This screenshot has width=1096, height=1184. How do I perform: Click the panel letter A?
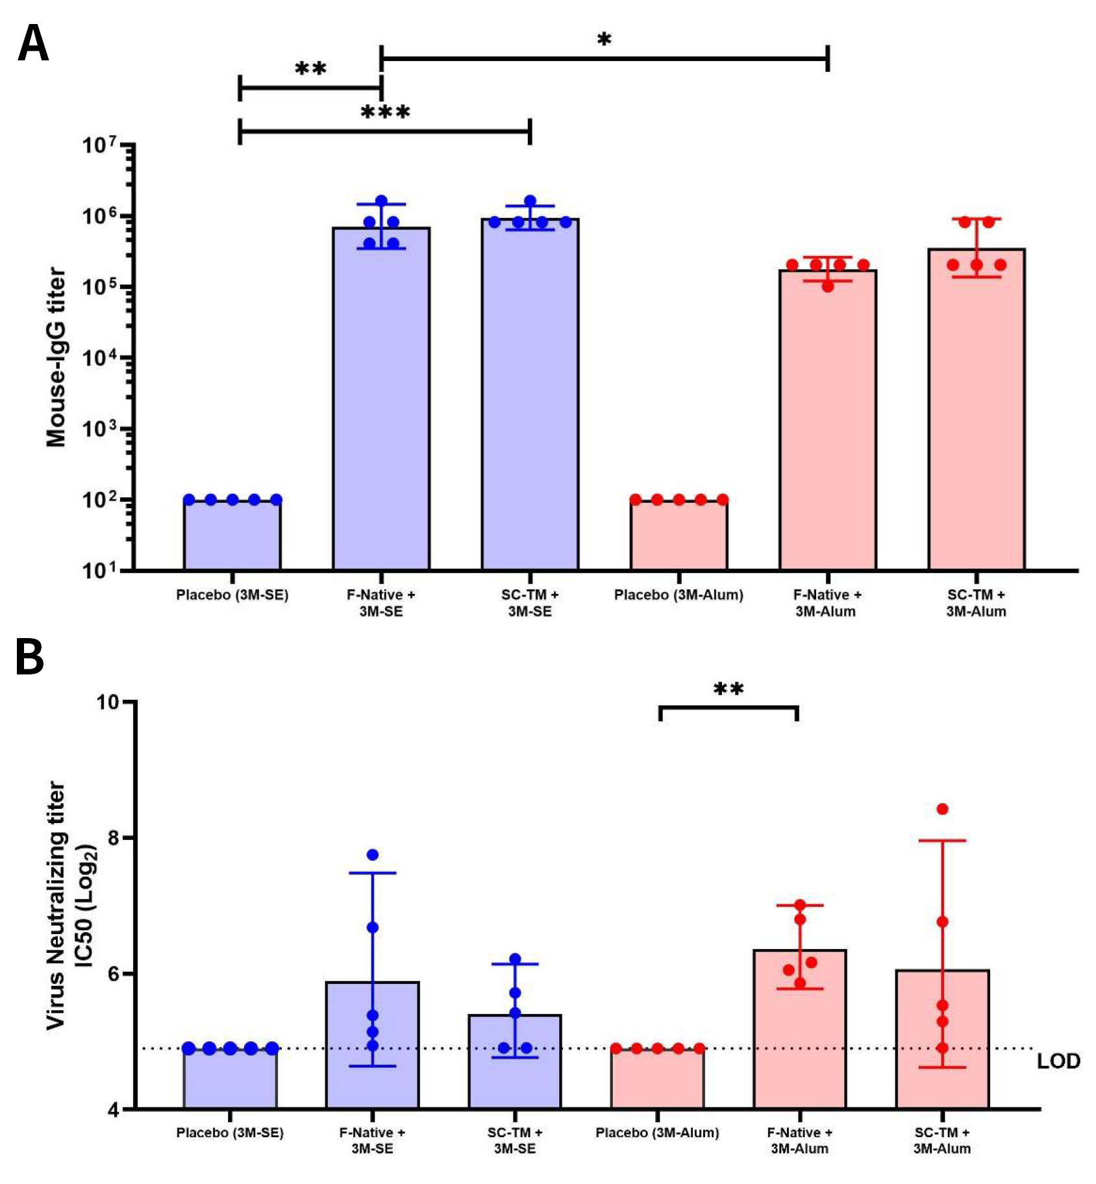click(x=33, y=43)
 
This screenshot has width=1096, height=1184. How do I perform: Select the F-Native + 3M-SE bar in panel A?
click(x=381, y=402)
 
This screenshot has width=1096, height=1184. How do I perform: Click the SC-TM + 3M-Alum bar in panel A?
click(x=976, y=415)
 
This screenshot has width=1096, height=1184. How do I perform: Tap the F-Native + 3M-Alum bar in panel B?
click(x=799, y=1032)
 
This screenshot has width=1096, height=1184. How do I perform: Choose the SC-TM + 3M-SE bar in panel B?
click(x=515, y=1065)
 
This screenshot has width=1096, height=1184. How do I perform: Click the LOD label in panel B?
click(x=1058, y=1061)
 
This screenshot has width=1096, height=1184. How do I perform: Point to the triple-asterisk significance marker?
click(x=385, y=113)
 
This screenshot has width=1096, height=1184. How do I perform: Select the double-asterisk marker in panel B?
click(x=729, y=689)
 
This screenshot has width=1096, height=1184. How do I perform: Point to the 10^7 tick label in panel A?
click(x=99, y=144)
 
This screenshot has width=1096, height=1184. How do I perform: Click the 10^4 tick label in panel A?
click(x=99, y=358)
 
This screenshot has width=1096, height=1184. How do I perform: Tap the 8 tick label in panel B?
click(x=114, y=838)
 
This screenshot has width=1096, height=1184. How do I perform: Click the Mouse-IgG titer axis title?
click(x=56, y=357)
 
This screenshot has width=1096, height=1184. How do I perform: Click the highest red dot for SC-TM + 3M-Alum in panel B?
click(x=942, y=809)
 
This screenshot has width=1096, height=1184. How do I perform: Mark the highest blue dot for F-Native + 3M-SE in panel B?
click(x=373, y=855)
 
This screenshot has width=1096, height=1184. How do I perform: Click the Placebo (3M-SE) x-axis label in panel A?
click(x=232, y=595)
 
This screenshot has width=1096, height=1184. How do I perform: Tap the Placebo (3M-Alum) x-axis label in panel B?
click(x=657, y=1133)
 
